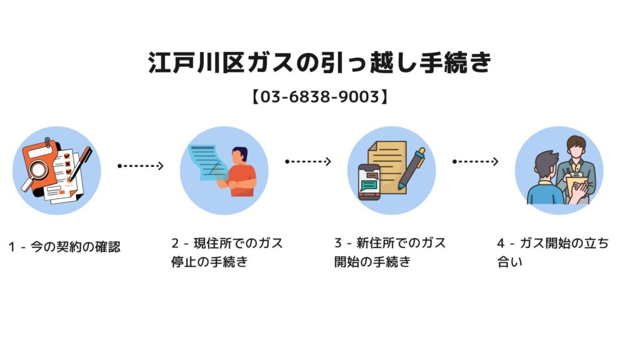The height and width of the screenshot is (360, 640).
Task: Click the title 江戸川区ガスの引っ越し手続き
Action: coord(320,64)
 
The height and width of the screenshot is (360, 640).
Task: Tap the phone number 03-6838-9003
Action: coord(320,97)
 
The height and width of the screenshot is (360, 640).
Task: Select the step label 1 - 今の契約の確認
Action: coord(65,247)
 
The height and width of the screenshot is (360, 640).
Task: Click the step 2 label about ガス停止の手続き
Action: coord(227,252)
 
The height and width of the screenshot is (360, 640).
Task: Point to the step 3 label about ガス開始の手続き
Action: coord(390,252)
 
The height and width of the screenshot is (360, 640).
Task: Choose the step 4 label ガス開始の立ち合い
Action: coord(552,252)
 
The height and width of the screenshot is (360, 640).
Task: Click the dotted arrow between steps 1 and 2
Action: coord(141,166)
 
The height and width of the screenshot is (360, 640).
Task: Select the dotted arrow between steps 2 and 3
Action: coord(307,161)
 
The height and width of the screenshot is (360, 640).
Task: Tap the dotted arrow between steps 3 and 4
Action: coord(475,161)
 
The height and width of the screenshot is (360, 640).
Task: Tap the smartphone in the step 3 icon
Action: coord(369,181)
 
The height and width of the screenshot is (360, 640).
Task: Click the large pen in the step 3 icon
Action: coord(412,167)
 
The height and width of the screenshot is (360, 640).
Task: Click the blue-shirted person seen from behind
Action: coord(544,181)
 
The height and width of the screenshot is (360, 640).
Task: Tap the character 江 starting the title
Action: coord(159,64)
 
